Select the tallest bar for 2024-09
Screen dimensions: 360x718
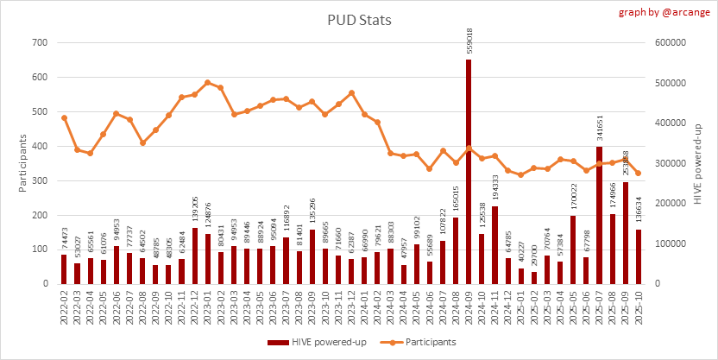pyautogui.click(x=469, y=173)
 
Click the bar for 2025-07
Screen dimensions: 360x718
pyautogui.click(x=599, y=216)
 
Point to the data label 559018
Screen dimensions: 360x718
pyautogui.click(x=469, y=42)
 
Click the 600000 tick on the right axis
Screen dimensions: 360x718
pyautogui.click(x=672, y=43)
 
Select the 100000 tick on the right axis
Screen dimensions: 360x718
pyautogui.click(x=672, y=243)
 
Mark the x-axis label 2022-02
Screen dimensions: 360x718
pyautogui.click(x=65, y=306)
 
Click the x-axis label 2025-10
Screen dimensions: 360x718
pyautogui.click(x=639, y=306)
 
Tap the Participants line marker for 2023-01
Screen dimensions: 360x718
pyautogui.click(x=208, y=83)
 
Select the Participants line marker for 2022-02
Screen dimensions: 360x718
pyautogui.click(x=64, y=117)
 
